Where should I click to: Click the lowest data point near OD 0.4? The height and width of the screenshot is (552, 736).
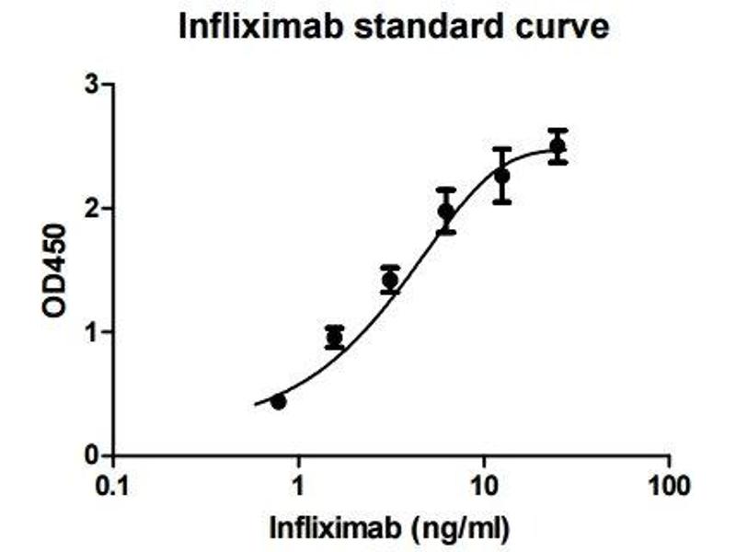tap(279, 401)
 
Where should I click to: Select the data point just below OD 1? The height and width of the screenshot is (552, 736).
tap(335, 338)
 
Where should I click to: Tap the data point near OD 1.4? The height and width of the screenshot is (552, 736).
tap(390, 281)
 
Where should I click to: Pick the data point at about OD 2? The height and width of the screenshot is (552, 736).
tap(446, 212)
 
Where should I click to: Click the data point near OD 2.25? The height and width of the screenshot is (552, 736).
tap(501, 176)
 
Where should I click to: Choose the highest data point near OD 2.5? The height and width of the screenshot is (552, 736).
tap(558, 146)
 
